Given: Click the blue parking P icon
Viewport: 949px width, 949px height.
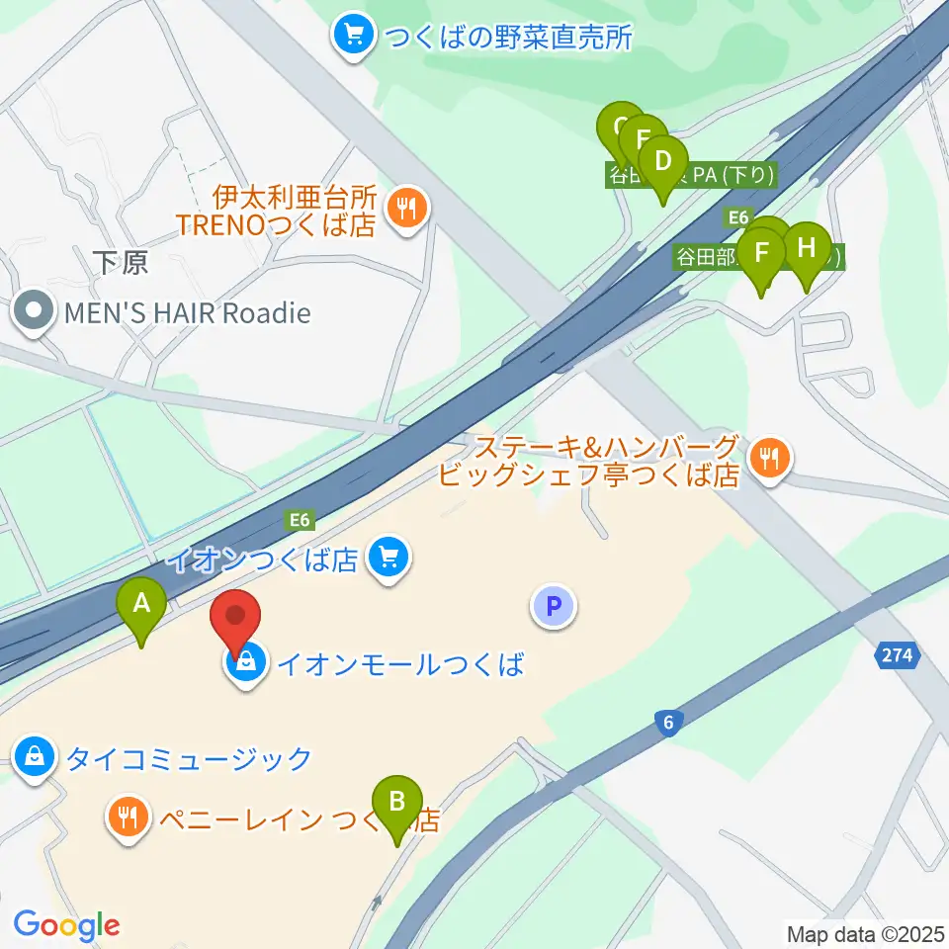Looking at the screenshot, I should [x=554, y=605].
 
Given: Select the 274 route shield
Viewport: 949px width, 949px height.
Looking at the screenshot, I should [x=898, y=654].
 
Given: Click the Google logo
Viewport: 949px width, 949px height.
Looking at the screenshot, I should [x=66, y=925].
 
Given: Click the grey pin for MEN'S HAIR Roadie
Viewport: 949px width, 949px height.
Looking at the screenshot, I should [x=35, y=313].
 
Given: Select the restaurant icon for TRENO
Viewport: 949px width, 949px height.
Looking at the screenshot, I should [x=405, y=209].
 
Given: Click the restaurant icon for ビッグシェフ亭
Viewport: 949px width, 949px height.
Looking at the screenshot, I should [x=767, y=458].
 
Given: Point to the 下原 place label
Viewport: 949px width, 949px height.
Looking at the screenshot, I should [x=121, y=262].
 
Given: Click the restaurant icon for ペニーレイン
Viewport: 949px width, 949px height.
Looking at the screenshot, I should [x=128, y=818].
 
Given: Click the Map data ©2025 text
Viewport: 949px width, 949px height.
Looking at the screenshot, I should [x=866, y=933].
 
